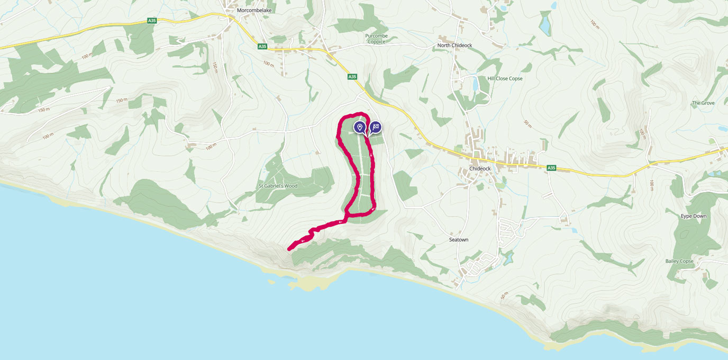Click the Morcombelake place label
(x=251, y=10)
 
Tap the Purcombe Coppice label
(x=376, y=39)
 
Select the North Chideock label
(x=454, y=46)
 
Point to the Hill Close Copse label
(x=505, y=79)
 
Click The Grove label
(x=703, y=103)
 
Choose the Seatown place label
(x=459, y=240)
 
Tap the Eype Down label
(x=693, y=217)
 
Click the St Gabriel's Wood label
(x=278, y=186)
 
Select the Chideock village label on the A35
(x=480, y=169)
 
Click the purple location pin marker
(x=359, y=127)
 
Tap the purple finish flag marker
(x=375, y=127)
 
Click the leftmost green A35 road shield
(x=152, y=21)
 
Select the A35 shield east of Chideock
(x=551, y=168)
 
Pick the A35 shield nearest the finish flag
(x=352, y=77)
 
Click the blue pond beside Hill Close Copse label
(x=475, y=84)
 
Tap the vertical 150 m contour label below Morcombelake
(x=215, y=67)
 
